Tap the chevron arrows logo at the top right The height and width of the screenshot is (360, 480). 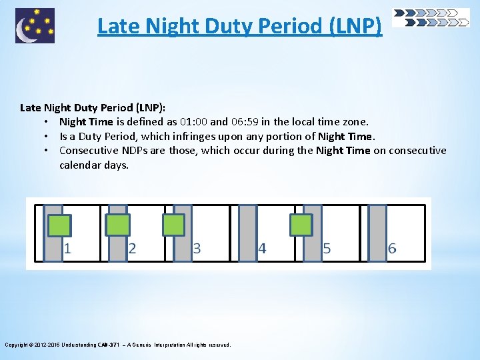[x=431, y=17]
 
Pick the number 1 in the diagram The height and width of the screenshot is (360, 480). [x=68, y=249]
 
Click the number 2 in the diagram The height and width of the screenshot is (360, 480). [x=132, y=249]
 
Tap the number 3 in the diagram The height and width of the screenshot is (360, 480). [x=197, y=249]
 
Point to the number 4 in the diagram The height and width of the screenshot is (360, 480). [x=262, y=249]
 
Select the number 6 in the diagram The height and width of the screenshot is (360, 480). [x=392, y=249]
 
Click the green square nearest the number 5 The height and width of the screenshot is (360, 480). [x=301, y=225]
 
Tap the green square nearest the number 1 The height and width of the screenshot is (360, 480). [x=59, y=225]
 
